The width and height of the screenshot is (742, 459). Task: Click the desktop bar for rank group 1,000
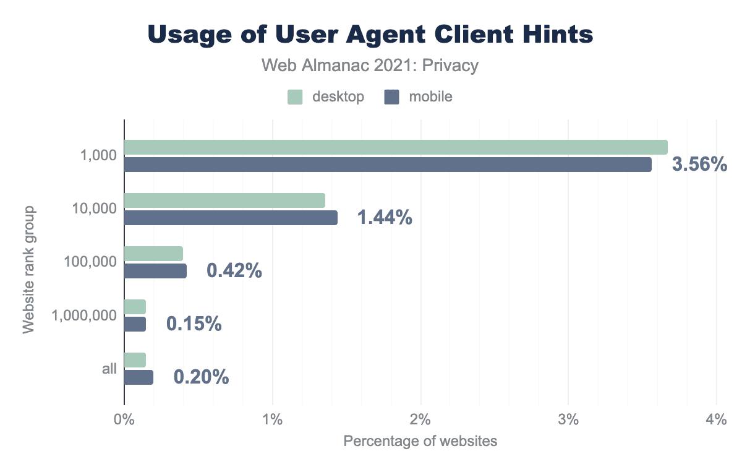(396, 147)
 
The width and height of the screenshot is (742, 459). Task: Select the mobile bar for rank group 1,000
(388, 165)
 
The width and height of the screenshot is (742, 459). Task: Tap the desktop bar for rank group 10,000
(224, 200)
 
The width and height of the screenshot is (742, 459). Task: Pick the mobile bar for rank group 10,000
(231, 218)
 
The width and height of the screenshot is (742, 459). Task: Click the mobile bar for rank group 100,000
(155, 271)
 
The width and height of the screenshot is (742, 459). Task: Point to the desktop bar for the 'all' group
(135, 360)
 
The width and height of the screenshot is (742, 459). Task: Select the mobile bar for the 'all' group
(139, 377)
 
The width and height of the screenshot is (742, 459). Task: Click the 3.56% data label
(699, 165)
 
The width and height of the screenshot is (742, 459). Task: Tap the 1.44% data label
(384, 218)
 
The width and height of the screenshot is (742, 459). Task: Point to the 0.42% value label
(234, 271)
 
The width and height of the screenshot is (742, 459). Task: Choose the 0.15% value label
(194, 324)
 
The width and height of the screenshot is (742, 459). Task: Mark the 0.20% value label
(201, 377)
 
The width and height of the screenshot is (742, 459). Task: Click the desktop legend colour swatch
(295, 97)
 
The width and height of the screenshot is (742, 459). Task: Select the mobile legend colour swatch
(391, 97)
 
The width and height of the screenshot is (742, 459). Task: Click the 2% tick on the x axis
(420, 420)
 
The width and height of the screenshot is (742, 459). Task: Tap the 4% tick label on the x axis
(716, 420)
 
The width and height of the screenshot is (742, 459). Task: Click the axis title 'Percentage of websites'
(420, 442)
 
